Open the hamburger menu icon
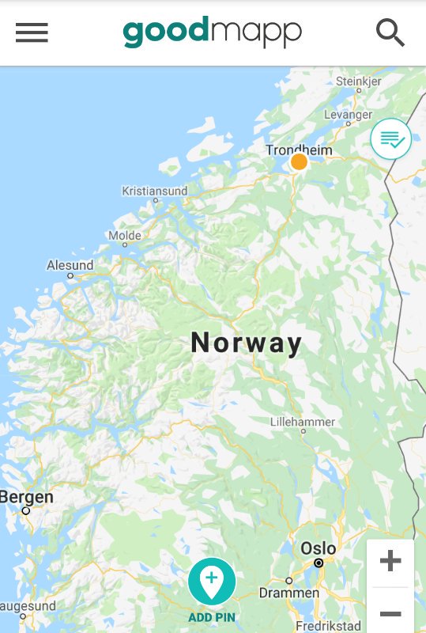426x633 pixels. (x=32, y=32)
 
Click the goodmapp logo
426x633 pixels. (x=212, y=32)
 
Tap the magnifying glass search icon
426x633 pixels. (x=390, y=32)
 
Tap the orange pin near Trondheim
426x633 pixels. (x=299, y=162)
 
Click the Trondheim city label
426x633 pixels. (x=299, y=150)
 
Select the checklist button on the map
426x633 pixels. (x=391, y=139)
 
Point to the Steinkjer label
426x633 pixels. (x=358, y=81)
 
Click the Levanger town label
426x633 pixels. (x=348, y=115)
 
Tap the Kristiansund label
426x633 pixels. (x=155, y=191)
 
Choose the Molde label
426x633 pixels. (x=125, y=235)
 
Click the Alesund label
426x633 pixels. (x=70, y=266)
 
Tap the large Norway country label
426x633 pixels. (x=247, y=343)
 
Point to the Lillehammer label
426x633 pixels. (x=303, y=422)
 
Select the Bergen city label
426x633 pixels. (x=27, y=497)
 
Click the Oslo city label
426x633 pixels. (x=319, y=548)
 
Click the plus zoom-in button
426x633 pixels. (x=390, y=562)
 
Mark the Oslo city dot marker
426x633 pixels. (x=319, y=563)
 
